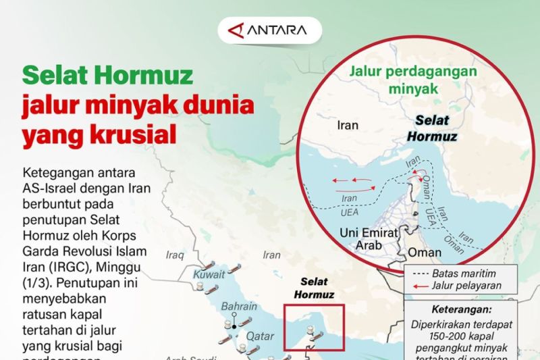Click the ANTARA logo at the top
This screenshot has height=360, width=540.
269,30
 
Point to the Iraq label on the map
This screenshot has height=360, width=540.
174,255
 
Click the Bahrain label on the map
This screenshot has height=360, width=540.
240,307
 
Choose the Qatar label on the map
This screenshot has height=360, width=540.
260,336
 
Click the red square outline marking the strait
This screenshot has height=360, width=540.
314,328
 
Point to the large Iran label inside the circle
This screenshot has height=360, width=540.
347,125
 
